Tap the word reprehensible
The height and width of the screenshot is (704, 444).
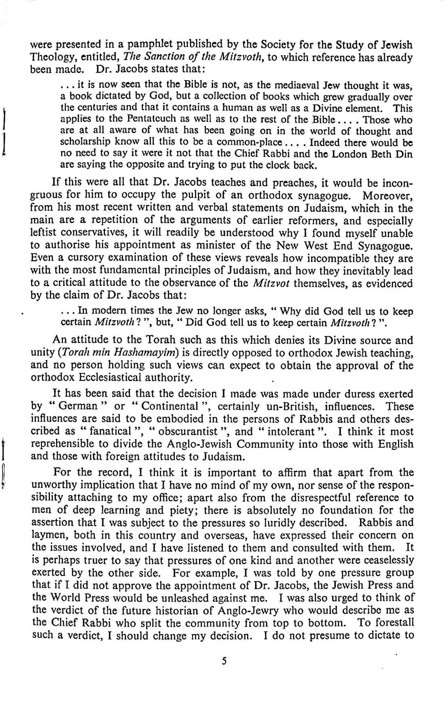(x=70, y=444)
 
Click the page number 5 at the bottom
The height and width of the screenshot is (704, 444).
(x=222, y=660)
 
